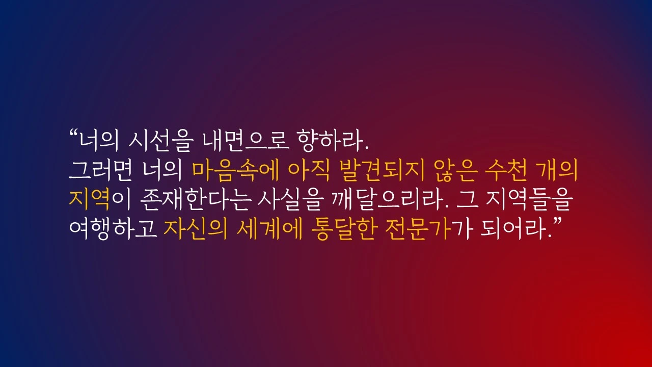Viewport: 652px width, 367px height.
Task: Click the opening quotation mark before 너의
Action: tap(73, 135)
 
